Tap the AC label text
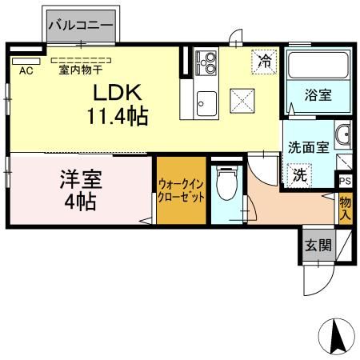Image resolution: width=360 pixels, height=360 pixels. pos(25,70)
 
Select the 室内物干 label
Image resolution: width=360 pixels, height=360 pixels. pos(81,70)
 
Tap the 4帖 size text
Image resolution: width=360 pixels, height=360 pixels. pos(80,202)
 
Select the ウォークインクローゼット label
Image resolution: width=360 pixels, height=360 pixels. pos(180,190)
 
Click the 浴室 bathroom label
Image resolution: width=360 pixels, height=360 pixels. pos(317,95)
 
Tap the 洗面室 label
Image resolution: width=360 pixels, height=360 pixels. pos(307,147)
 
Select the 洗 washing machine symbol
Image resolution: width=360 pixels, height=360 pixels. pos(298,174)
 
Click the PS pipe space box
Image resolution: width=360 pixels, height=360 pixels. pos(345,181)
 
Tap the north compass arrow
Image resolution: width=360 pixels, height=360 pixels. pos(339,336)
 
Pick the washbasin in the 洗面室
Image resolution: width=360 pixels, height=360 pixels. pos(342,135)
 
